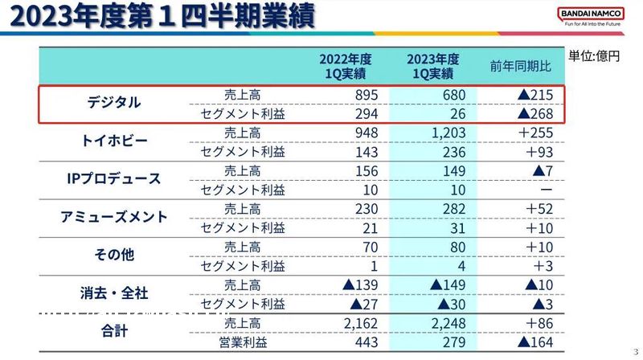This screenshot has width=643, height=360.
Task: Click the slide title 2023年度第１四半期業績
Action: tap(158, 18)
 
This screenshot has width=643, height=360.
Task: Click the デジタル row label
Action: tap(113, 103)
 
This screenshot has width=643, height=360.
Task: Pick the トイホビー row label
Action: tap(114, 141)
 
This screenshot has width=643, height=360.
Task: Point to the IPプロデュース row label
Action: tap(113, 179)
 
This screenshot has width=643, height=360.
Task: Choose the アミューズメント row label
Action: tap(113, 217)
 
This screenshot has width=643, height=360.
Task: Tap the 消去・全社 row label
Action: tap(113, 292)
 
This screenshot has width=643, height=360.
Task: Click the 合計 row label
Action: tap(113, 330)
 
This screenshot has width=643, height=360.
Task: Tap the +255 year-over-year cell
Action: tap(535, 133)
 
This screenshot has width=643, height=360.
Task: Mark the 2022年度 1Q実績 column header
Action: tap(343, 66)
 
